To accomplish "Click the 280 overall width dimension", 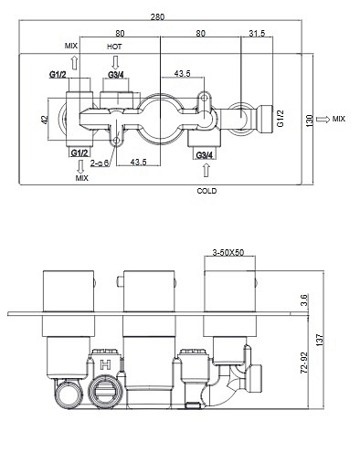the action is [157, 16].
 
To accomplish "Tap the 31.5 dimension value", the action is [257, 33].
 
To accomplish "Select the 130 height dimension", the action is [309, 121].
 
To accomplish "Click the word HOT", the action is [114, 47].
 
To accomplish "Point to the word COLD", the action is [206, 191].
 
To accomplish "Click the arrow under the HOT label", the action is [115, 62].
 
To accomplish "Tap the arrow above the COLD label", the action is [206, 170].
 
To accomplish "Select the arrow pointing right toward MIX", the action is [323, 120].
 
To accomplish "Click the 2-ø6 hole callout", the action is [100, 163].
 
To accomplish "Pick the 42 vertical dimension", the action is [45, 120].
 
